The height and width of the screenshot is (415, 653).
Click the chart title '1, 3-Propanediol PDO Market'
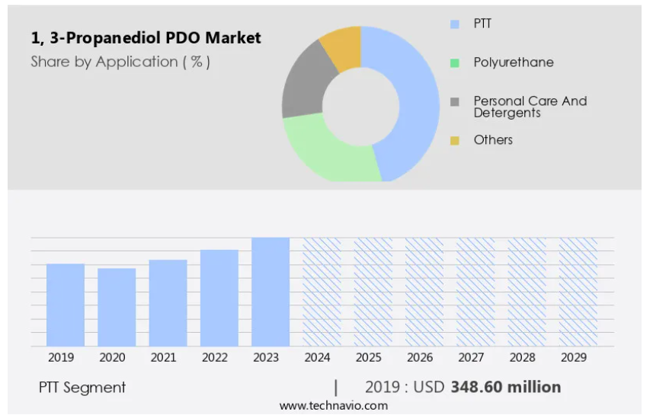[146, 37]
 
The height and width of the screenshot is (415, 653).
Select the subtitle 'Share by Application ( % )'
[120, 62]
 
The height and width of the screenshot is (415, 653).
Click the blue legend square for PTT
[455, 24]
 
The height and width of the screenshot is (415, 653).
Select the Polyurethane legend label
[514, 62]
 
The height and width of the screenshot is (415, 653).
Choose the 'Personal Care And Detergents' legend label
[530, 107]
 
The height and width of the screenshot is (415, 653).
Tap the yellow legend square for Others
[455, 140]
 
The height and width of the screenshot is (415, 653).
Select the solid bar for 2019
[66, 305]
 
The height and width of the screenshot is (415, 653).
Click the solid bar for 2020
[117, 307]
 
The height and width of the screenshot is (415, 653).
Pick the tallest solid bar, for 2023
[270, 292]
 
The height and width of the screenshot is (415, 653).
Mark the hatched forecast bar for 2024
[322, 292]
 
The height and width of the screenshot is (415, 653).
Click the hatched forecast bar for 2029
[578, 292]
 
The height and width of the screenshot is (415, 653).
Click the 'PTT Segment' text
[82, 388]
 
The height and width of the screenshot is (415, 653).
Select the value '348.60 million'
[506, 387]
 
